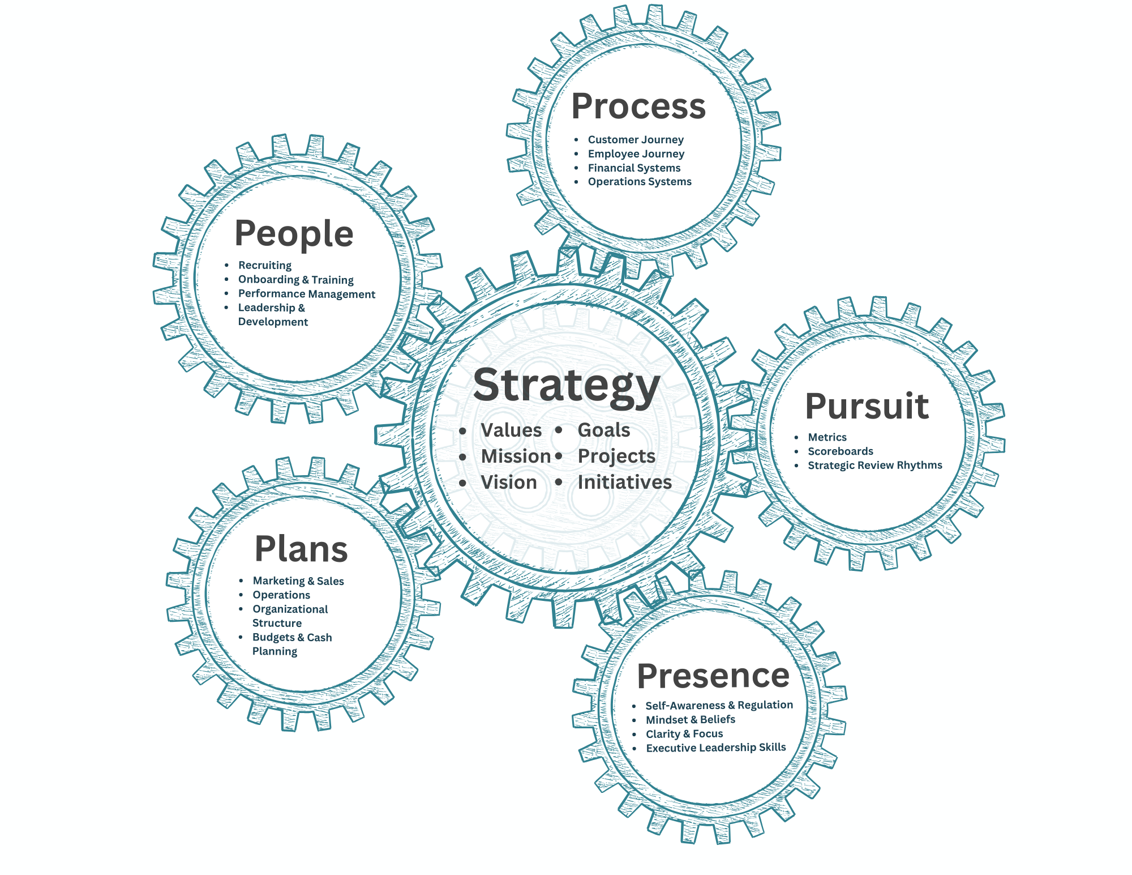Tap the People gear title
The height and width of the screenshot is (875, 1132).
[294, 233]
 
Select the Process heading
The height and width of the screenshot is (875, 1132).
[638, 106]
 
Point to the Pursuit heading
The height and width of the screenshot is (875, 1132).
[867, 406]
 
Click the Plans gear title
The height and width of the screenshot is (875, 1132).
[301, 549]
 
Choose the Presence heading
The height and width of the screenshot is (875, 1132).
[713, 676]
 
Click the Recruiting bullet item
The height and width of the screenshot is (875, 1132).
[265, 265]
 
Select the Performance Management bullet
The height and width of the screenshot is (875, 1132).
[306, 294]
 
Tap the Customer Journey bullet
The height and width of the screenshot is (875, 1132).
[636, 139]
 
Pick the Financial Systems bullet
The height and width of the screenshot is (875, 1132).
[634, 168]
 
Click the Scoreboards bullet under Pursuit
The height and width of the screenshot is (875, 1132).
[841, 451]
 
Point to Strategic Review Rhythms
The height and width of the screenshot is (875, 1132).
[875, 465]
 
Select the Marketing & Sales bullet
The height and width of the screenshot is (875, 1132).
[298, 581]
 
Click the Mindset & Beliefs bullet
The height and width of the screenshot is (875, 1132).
[691, 720]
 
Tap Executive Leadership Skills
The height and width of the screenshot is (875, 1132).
[716, 748]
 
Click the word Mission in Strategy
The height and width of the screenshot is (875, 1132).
[516, 456]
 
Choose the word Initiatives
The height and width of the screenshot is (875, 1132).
[624, 483]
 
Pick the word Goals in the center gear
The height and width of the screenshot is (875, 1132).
[604, 430]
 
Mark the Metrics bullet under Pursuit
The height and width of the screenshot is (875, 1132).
[827, 437]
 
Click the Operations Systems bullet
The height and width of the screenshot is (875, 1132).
[640, 182]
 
